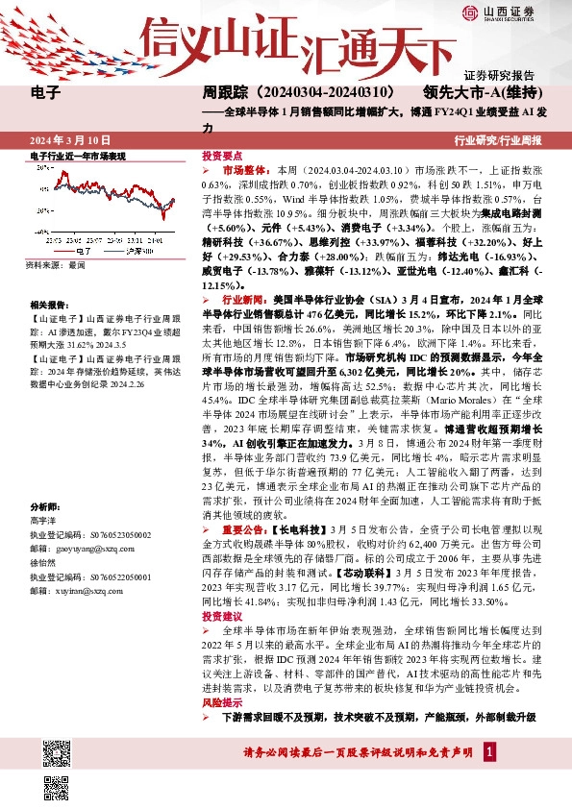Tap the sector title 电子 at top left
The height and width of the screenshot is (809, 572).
[46, 94]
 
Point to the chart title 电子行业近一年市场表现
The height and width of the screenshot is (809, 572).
[78, 155]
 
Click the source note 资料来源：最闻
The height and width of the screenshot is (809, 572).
[57, 264]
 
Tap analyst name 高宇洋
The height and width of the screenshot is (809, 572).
[44, 519]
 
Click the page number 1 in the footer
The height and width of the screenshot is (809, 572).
[490, 751]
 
